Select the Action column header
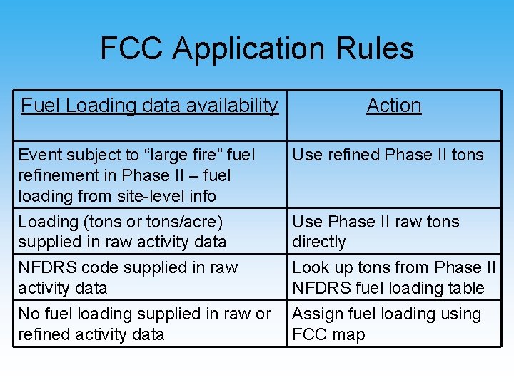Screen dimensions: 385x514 [x=394, y=106]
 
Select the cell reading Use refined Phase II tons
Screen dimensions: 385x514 [x=388, y=155]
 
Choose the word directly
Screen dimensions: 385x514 [x=318, y=242]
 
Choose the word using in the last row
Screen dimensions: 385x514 [x=460, y=314]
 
